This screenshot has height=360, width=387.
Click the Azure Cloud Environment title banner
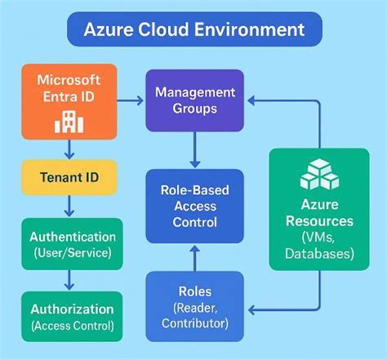click(x=193, y=30)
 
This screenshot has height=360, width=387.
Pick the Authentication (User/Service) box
click(x=72, y=244)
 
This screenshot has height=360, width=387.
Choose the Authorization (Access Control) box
click(x=72, y=316)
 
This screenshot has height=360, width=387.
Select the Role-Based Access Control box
click(x=195, y=207)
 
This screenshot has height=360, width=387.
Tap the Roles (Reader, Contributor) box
click(x=195, y=306)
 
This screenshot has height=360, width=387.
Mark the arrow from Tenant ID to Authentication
click(x=69, y=206)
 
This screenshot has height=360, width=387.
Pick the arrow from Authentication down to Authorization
click(x=69, y=280)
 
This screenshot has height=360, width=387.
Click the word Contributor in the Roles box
click(x=195, y=323)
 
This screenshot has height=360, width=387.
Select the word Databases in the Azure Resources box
click(x=319, y=254)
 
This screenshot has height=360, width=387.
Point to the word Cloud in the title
click(x=181, y=30)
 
